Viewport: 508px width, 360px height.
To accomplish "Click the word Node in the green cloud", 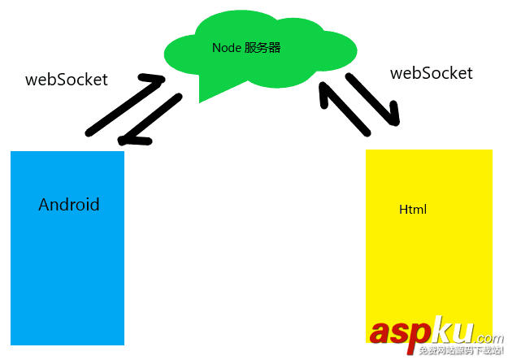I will tap(226, 48).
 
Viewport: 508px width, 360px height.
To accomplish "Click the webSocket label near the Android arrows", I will tap(67, 80).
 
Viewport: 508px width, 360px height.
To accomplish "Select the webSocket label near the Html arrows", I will tap(431, 73).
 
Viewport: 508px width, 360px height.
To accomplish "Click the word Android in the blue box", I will tap(68, 205).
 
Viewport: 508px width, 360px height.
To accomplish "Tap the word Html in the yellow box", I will tap(413, 210).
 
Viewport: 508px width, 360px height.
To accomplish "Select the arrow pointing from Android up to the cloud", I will tap(122, 104).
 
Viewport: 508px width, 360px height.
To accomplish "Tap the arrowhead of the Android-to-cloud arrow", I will tap(154, 80).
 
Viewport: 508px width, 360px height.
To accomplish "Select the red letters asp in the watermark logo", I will tap(397, 332).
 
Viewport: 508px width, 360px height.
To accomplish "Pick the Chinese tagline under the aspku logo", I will tap(460, 351).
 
